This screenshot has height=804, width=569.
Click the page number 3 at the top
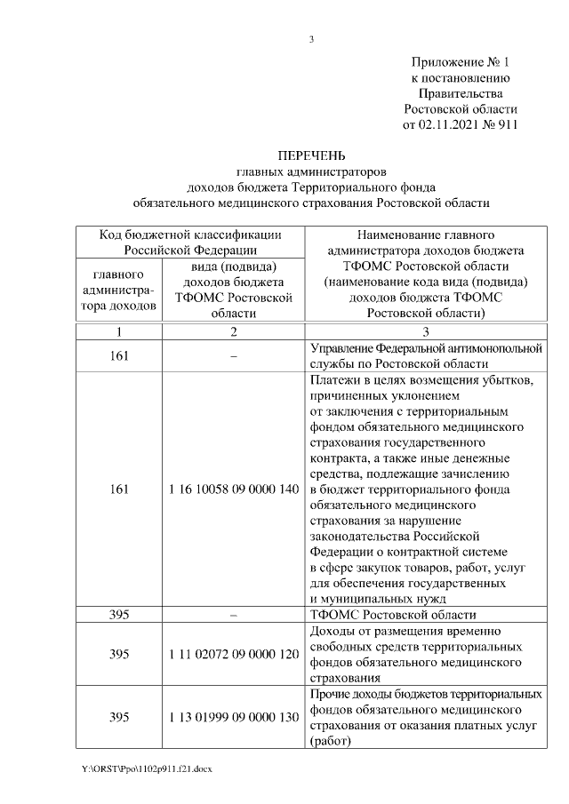[x=312, y=39]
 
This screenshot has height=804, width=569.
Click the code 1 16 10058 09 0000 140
[x=233, y=490]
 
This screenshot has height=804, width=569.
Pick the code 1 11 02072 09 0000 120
[x=233, y=654]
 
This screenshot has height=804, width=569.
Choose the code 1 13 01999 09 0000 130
[x=233, y=718]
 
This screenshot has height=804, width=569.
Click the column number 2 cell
[x=233, y=331]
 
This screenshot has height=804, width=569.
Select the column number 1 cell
[x=119, y=331]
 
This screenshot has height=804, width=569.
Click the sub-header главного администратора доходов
[x=119, y=289]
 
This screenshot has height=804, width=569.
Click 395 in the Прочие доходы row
[x=119, y=718]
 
